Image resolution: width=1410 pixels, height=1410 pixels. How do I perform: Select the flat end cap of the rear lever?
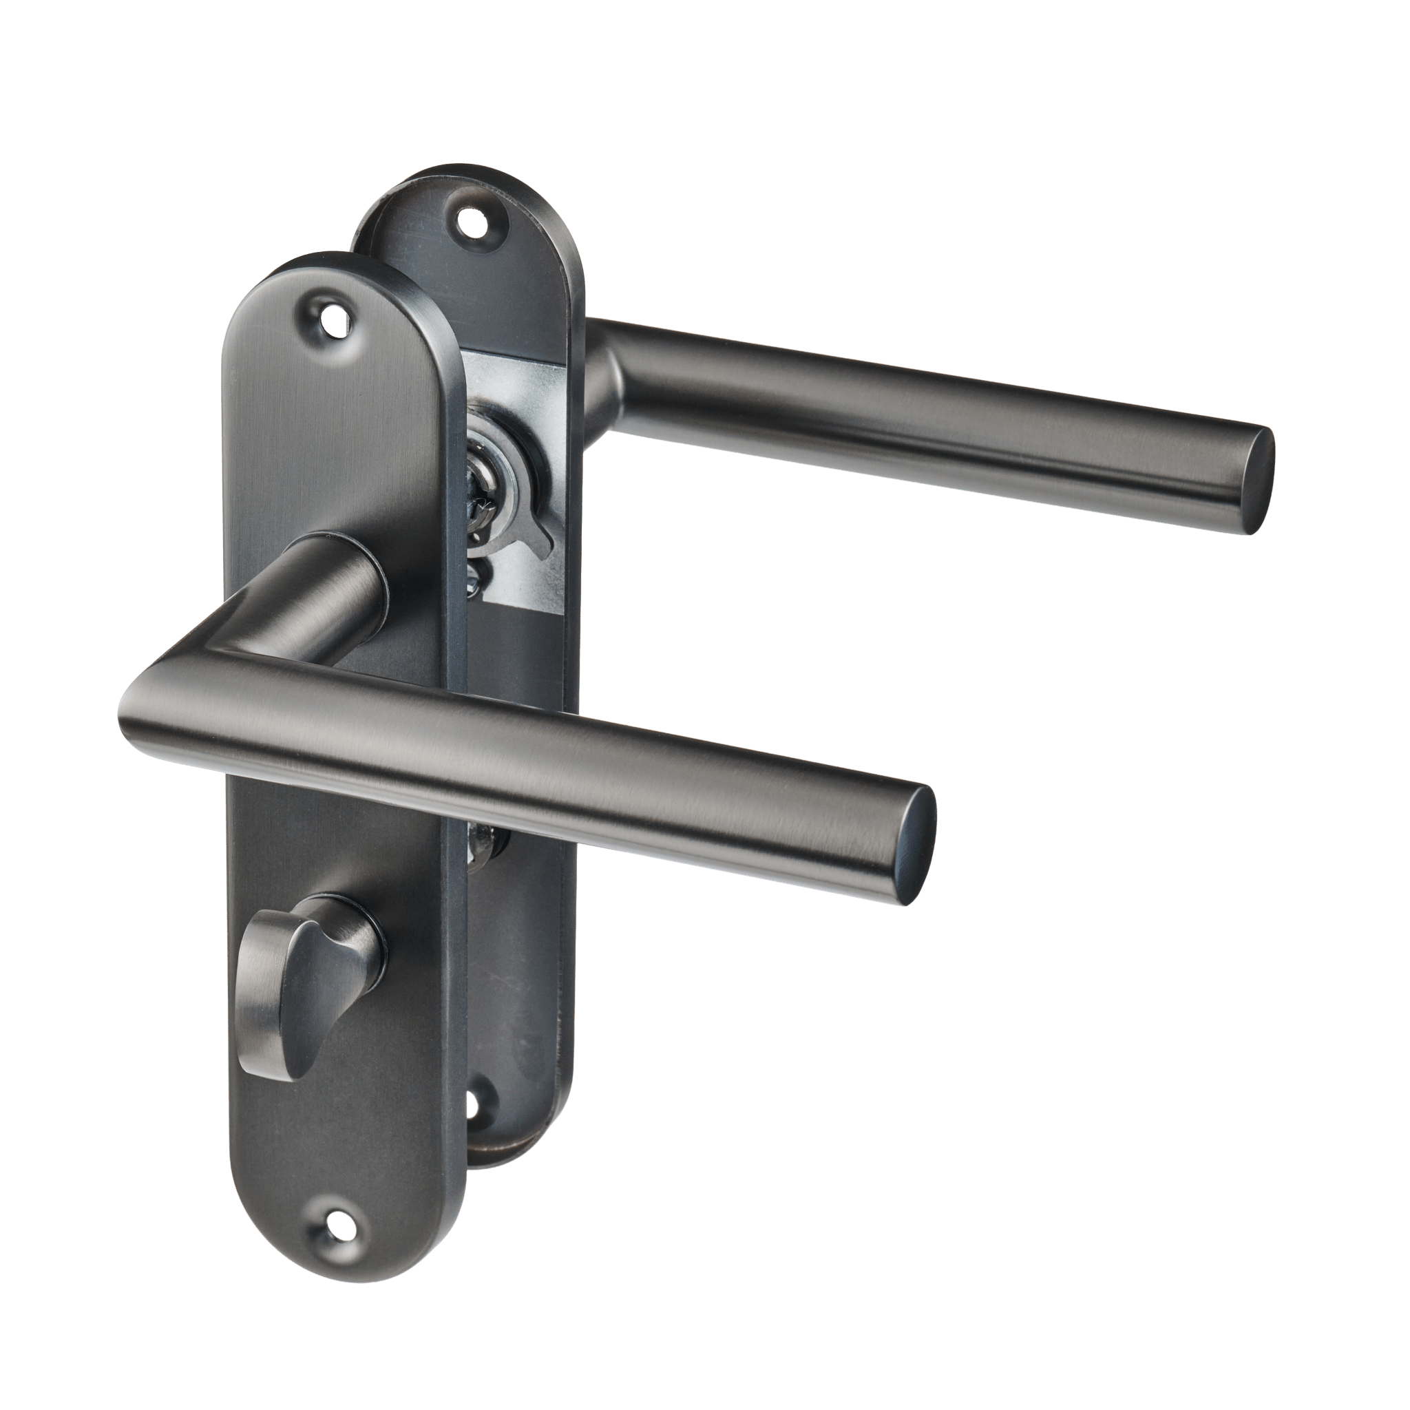point(1257,481)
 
